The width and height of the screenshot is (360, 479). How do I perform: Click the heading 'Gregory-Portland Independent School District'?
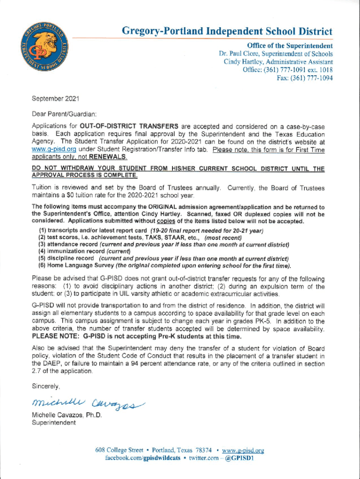point(227,32)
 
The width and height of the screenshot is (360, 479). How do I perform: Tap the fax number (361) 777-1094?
point(313,79)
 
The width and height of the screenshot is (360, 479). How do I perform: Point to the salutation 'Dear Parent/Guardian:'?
point(64,113)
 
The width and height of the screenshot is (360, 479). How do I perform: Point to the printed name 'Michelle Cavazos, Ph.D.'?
point(66,415)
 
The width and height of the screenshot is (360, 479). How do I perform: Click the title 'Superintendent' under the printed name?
point(53,423)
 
